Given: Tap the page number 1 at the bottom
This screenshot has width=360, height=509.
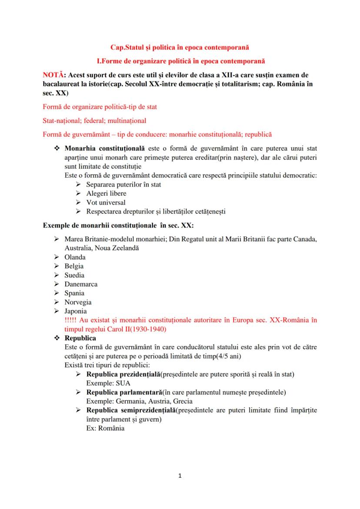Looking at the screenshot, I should click(x=180, y=476).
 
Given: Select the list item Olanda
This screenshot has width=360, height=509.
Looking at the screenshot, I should click(x=75, y=257).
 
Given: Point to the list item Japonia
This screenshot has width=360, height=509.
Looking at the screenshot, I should click(x=76, y=311).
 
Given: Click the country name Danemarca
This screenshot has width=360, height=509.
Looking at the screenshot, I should click(x=81, y=284).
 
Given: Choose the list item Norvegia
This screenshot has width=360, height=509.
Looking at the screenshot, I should click(x=78, y=302).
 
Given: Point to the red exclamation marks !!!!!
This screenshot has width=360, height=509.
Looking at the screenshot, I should click(x=71, y=320).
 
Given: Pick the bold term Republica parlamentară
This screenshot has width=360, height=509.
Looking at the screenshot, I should click(x=124, y=393).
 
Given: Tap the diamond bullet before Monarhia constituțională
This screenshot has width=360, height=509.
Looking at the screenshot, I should click(x=57, y=148).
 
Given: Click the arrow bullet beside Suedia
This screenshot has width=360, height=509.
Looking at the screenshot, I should click(x=57, y=275).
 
